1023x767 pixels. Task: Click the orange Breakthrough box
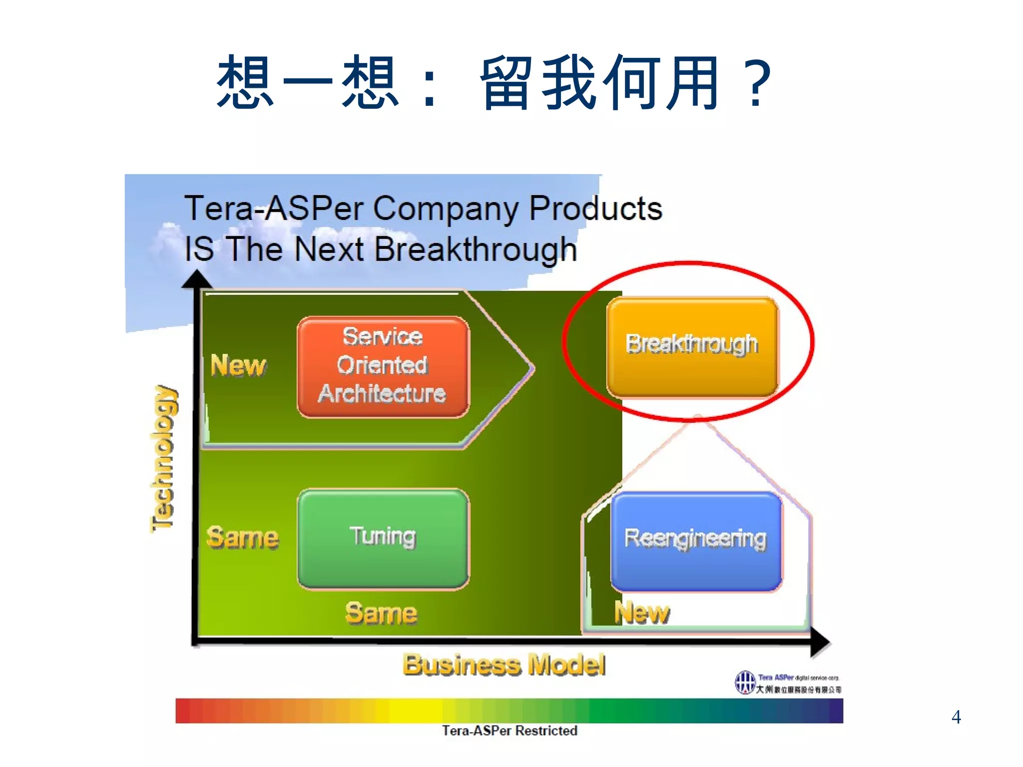point(692,346)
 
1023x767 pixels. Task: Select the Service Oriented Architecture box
point(383,366)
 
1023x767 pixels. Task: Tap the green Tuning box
point(383,538)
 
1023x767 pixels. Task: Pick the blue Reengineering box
point(696,540)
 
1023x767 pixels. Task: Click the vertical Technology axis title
point(164,458)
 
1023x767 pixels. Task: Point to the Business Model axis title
point(504,665)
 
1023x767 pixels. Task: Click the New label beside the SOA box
point(238,365)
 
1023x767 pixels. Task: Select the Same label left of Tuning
point(243,538)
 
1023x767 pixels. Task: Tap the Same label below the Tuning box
point(381,613)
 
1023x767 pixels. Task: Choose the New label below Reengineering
point(642,613)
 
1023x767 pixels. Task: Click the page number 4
point(956,717)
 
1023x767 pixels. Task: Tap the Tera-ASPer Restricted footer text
point(510,731)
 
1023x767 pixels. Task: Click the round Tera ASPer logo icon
point(745,682)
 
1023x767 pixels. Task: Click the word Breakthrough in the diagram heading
point(476,249)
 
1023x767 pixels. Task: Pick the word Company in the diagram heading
point(446,208)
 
